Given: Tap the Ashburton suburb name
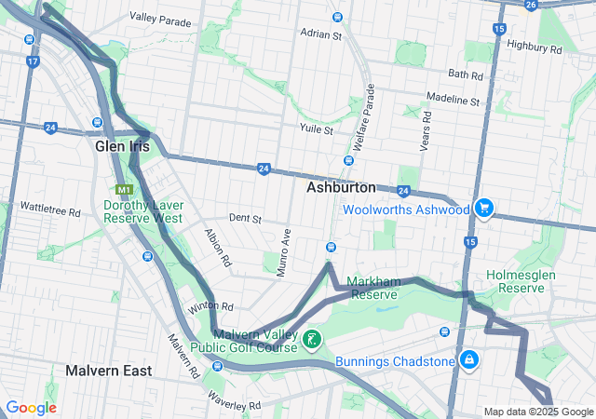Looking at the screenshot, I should (x=341, y=187).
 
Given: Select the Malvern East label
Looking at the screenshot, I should (x=108, y=371).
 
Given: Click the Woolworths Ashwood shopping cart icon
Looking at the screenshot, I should (x=483, y=209).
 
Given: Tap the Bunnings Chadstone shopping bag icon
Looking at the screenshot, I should (x=468, y=359).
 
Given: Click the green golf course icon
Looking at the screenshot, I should (x=312, y=341).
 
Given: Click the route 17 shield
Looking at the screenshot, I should (x=34, y=61).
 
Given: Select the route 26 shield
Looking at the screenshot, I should (x=531, y=5).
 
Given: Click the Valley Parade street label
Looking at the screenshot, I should (x=160, y=19).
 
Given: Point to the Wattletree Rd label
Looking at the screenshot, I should (x=50, y=211).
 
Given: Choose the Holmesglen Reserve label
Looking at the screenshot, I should (x=514, y=281).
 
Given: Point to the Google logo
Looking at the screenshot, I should (x=31, y=407).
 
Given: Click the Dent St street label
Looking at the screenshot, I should (x=245, y=218).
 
